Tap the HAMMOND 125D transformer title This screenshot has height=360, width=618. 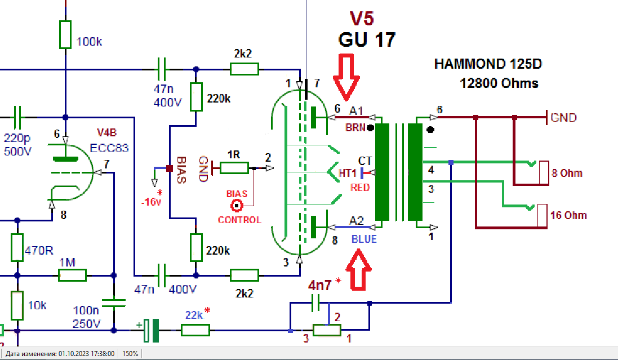click(x=488, y=64)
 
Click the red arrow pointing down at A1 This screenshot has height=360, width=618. click(x=345, y=74)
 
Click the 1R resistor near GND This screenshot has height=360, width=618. click(x=233, y=168)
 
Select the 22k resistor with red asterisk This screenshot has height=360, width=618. click(x=195, y=330)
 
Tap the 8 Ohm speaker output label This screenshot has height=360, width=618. click(x=567, y=173)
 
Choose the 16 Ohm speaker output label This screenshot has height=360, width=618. click(x=568, y=215)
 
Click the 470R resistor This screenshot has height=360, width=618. click(x=17, y=247)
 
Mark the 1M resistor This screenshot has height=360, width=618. click(x=73, y=275)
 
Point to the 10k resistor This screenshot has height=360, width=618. click(x=17, y=305)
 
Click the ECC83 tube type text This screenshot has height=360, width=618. click(x=110, y=149)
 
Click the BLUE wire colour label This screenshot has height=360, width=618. click(x=364, y=239)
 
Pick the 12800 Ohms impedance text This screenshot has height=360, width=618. click(x=499, y=83)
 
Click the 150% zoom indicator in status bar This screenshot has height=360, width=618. click(x=131, y=354)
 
